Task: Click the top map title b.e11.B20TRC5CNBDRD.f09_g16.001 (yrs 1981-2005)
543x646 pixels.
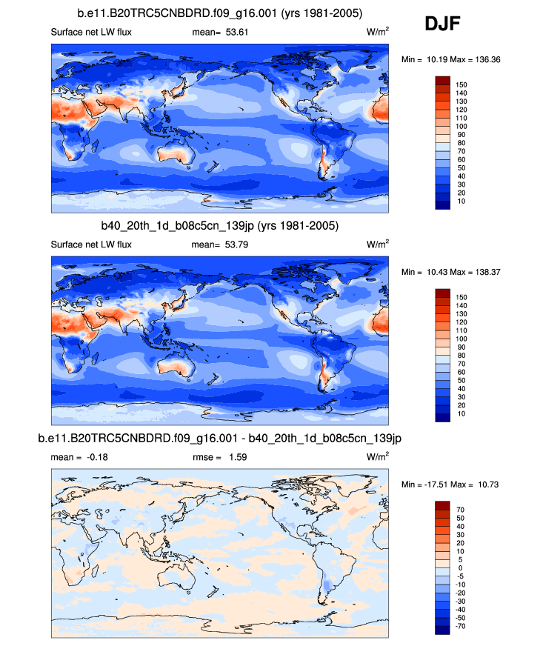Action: [220, 14]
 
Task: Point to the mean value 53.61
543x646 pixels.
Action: [231, 33]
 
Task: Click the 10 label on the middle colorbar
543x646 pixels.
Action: [460, 413]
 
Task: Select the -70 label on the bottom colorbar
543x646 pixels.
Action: [460, 625]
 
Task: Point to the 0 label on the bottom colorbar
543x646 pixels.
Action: [458, 567]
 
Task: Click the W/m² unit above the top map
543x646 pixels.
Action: [378, 33]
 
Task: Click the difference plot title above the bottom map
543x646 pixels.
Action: [220, 439]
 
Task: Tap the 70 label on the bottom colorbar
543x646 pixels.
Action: [460, 510]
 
